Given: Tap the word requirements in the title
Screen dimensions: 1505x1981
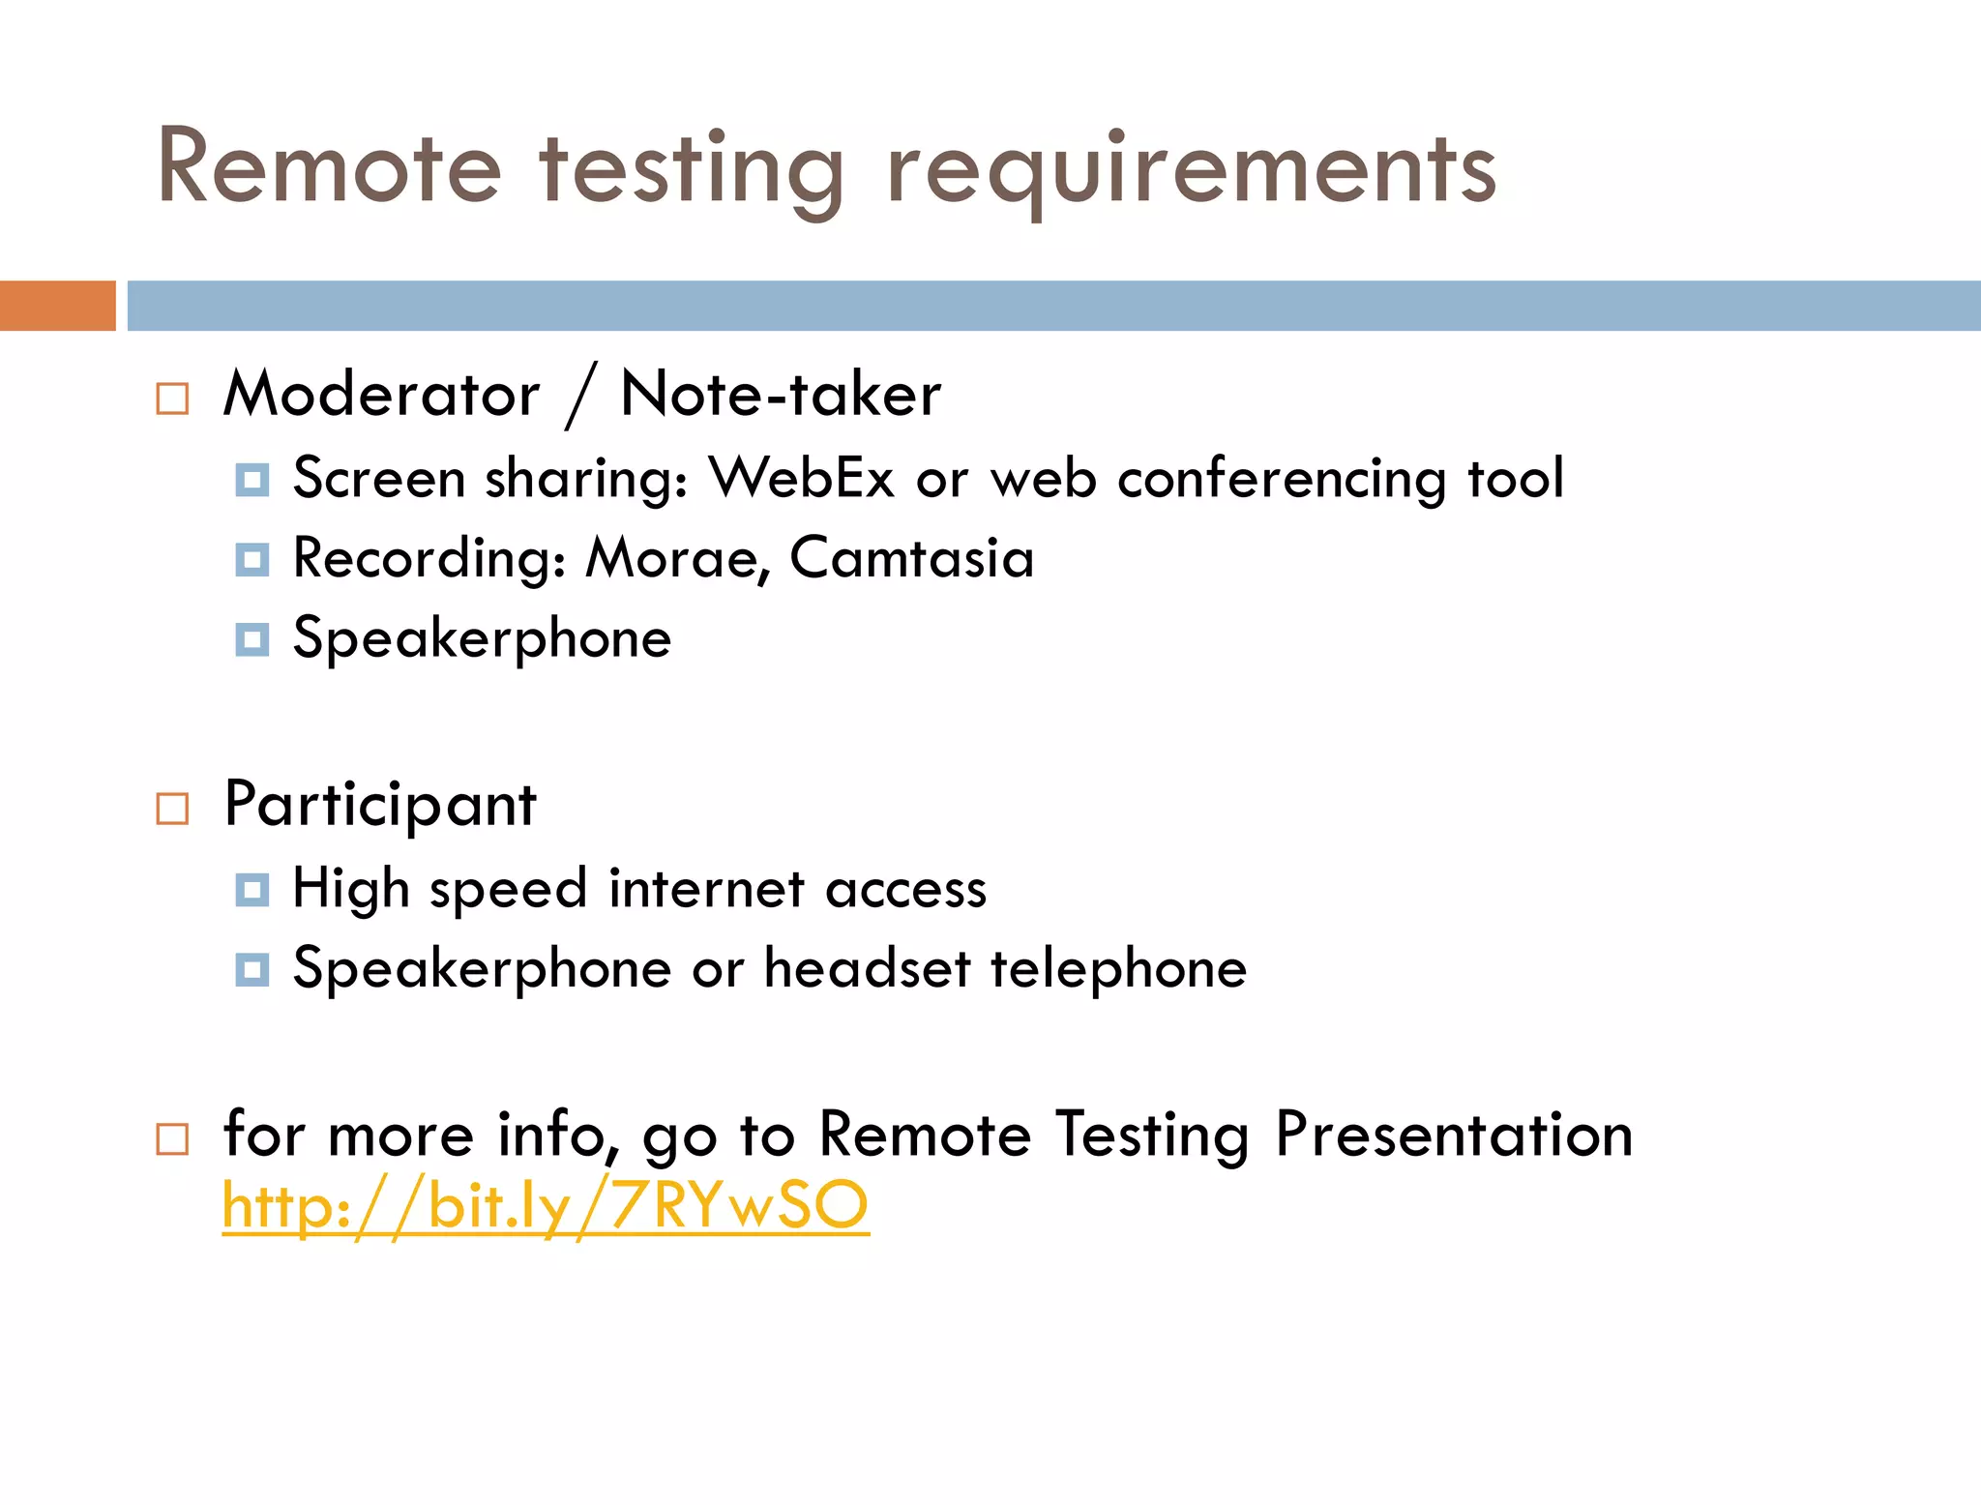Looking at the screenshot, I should (x=1192, y=172).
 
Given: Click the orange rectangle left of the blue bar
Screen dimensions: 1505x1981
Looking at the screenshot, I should (x=57, y=306).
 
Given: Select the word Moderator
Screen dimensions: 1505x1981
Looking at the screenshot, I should (x=381, y=395).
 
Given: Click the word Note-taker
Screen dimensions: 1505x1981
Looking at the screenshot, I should (x=780, y=395).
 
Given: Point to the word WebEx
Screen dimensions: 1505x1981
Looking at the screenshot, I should (x=801, y=478).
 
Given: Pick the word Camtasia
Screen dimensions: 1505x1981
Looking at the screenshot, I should (x=911, y=558).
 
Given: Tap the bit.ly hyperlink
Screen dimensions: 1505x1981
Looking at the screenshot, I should (x=546, y=1206).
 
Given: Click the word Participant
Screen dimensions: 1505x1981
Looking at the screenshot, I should (x=379, y=805).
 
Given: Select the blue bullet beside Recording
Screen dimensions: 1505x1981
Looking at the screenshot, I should (x=251, y=559).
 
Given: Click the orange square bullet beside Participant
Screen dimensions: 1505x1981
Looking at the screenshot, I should (x=172, y=809).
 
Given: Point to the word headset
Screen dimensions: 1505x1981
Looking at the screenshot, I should (x=867, y=968).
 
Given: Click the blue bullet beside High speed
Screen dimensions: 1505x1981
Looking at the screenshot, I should (x=251, y=890).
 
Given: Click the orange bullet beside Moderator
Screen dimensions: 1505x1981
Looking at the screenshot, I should (x=172, y=398).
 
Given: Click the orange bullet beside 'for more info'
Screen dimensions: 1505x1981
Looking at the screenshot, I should (x=172, y=1139).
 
